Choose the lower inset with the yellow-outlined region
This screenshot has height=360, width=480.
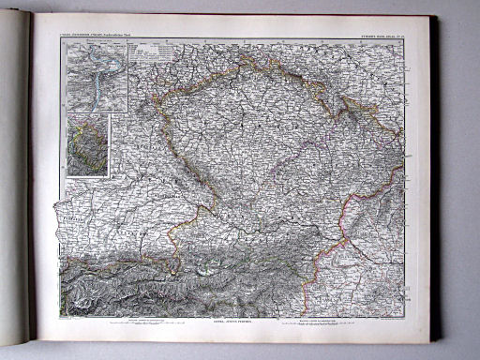[x=87, y=144]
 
